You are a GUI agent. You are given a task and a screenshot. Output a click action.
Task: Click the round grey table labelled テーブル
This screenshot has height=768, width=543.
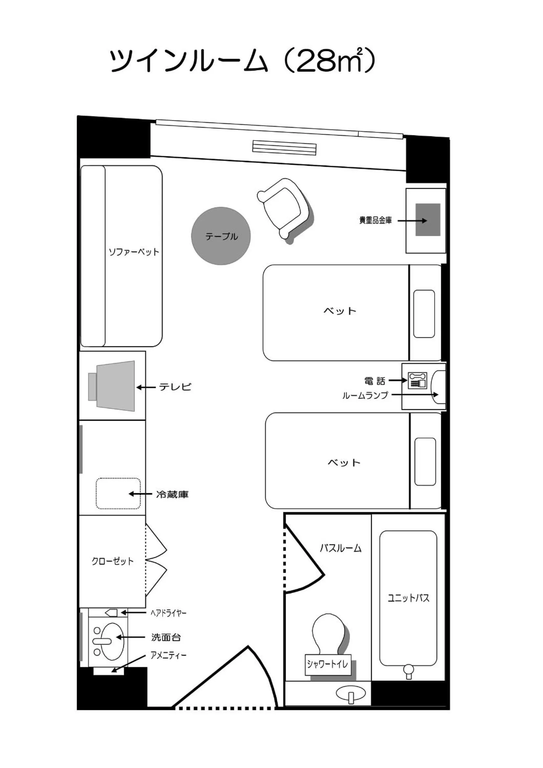221,236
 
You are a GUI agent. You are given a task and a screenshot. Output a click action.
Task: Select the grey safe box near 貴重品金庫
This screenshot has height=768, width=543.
428,219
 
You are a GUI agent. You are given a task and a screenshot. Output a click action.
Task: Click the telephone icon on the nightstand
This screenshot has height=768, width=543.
417,380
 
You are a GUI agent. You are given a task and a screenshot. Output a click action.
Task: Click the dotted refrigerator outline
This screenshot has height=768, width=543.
118,494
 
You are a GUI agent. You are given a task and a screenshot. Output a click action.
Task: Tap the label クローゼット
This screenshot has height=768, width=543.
112,561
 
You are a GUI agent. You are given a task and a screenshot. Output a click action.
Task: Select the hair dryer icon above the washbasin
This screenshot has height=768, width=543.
111,612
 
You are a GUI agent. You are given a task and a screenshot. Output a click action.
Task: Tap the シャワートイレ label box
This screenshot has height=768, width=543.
328,664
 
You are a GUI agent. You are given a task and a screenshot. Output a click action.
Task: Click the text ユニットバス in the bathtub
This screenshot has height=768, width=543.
408,598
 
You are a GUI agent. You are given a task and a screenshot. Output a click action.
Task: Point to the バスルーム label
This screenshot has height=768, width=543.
340,548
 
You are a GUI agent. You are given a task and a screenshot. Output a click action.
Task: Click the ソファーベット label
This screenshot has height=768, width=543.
134,252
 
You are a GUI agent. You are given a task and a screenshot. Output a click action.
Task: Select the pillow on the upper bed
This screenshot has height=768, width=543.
424,314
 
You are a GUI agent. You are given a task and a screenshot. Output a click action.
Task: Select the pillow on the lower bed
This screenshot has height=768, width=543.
425,462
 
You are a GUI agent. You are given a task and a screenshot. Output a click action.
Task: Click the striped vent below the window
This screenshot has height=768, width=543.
284,147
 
